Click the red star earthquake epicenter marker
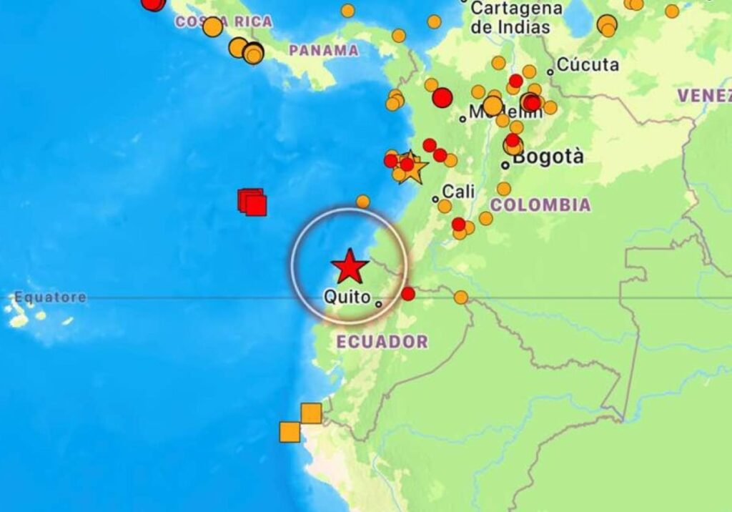(x=350, y=266)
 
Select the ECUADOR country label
(x=382, y=342)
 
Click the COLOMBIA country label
(x=540, y=205)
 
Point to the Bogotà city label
(x=548, y=157)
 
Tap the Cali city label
(x=458, y=192)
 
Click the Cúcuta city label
(x=588, y=65)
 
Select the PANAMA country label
(x=324, y=50)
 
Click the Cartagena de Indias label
(x=510, y=18)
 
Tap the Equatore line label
(x=50, y=297)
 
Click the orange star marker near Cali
(x=412, y=167)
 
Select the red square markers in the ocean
(x=252, y=202)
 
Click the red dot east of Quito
(x=408, y=293)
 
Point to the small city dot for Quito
(x=378, y=304)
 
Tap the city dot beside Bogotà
(x=505, y=165)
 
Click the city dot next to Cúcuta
(x=550, y=72)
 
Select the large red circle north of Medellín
(x=442, y=97)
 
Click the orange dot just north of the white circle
(x=363, y=202)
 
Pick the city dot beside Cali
(x=435, y=200)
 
